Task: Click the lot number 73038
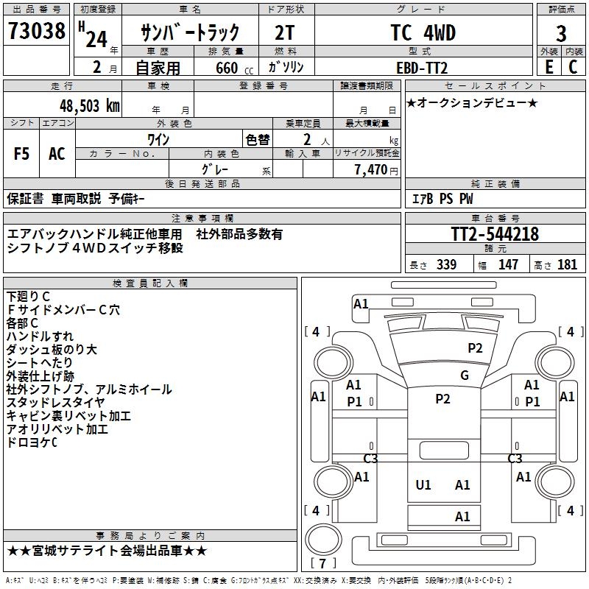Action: tap(36, 32)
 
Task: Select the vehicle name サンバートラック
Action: tap(190, 33)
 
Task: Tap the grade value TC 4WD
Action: tap(423, 33)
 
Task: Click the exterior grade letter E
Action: tap(549, 67)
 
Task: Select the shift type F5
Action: tap(21, 154)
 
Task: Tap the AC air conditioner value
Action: tap(57, 154)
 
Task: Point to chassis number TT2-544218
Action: tap(495, 235)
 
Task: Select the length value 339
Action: tap(446, 265)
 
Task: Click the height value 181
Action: tap(568, 265)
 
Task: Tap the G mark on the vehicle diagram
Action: tap(464, 375)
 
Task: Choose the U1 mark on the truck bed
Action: tap(423, 484)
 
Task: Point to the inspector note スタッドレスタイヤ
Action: tap(55, 403)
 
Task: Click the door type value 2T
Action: tap(286, 33)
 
